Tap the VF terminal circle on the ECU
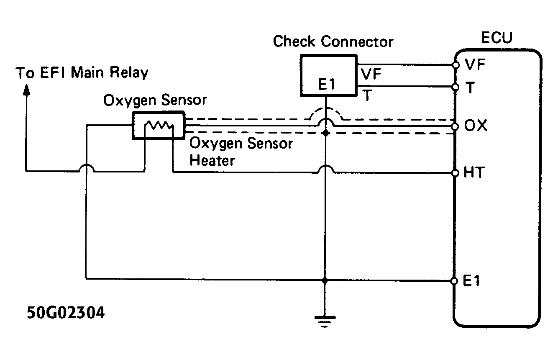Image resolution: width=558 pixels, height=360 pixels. click(x=456, y=65)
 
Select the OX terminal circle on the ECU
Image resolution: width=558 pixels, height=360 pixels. click(x=456, y=126)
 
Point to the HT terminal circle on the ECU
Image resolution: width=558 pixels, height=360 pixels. click(x=456, y=172)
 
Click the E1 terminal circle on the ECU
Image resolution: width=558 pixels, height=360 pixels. click(x=456, y=280)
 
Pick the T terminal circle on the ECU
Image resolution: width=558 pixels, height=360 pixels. click(x=456, y=87)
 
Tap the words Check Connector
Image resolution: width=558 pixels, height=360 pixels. click(x=333, y=42)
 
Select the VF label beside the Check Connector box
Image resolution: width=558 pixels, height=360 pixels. click(x=370, y=74)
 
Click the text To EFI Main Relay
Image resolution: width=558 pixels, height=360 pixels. click(x=82, y=72)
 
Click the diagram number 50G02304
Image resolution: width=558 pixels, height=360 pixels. click(x=66, y=313)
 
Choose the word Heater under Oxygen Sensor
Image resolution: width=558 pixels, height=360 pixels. click(x=212, y=160)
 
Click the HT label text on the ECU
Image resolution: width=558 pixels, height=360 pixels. click(x=474, y=172)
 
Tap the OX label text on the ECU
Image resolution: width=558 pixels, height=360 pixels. click(x=476, y=126)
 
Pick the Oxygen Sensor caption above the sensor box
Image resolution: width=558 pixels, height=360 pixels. click(x=155, y=100)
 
